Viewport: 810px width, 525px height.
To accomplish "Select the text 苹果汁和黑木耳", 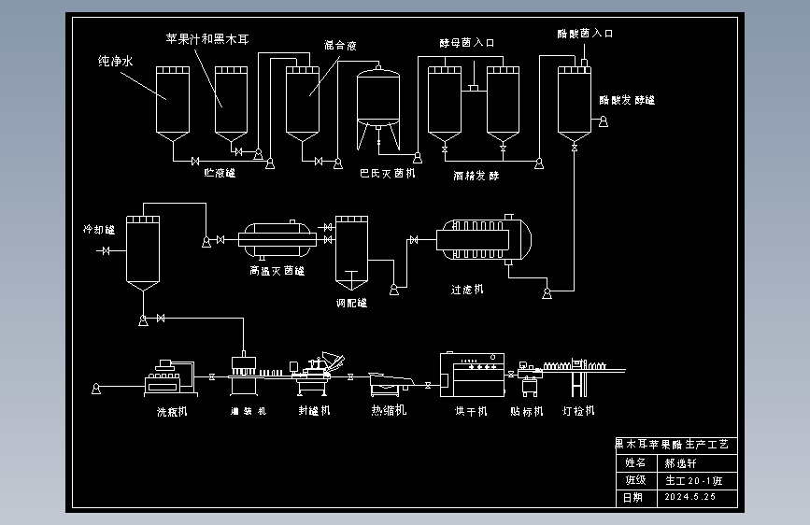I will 206,38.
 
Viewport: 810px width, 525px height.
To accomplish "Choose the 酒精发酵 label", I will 476,175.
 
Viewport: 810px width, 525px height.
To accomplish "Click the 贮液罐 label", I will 220,172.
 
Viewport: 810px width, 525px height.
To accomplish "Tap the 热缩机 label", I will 388,410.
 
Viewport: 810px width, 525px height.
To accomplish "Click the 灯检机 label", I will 578,410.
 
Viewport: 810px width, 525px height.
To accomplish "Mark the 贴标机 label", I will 526,410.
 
